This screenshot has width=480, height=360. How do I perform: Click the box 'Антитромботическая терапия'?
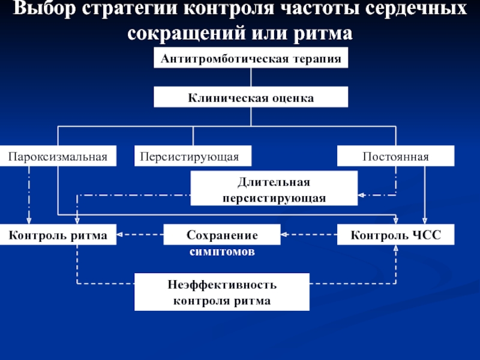[251, 58]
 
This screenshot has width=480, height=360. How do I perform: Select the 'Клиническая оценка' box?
[251, 97]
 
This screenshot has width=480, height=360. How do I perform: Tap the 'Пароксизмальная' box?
[58, 156]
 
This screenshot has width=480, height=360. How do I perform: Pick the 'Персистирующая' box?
[193, 156]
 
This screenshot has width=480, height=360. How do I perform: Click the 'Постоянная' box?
[395, 156]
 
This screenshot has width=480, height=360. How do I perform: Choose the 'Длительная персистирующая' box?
[274, 188]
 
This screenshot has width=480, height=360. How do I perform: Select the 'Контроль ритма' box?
[58, 235]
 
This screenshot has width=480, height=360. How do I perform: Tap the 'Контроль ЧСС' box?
[395, 235]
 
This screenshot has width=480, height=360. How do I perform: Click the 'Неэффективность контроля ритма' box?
[222, 292]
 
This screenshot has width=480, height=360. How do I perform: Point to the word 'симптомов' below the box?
[222, 251]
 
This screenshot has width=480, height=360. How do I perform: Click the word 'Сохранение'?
[222, 235]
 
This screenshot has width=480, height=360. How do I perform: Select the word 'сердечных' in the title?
[416, 8]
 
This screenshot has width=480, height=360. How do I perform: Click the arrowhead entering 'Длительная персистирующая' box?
[361, 195]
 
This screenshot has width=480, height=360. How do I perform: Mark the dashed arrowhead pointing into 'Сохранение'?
[283, 235]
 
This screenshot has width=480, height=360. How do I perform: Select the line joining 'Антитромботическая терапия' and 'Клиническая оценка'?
[251, 77]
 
